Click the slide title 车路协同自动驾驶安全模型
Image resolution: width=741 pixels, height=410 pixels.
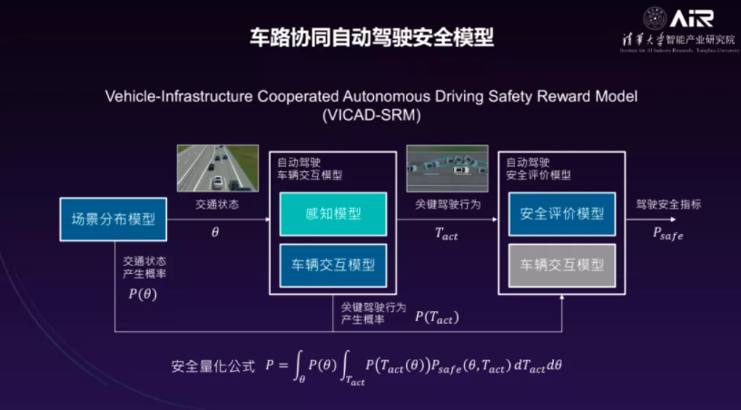coord(370,37)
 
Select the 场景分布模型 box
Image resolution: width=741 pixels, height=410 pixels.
coord(114,219)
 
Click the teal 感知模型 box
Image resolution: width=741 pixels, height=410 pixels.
coord(332,214)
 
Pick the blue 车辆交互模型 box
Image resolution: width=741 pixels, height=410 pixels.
coord(332,265)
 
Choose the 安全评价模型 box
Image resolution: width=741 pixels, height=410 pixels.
coord(562,214)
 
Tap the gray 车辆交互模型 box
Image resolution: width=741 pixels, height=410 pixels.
coord(562,265)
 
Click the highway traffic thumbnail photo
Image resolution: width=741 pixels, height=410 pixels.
coord(211,167)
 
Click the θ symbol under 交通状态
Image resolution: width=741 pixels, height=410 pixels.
coord(215,232)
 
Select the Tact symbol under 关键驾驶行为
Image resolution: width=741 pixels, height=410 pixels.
coord(447,234)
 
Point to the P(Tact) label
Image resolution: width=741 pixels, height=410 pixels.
coord(437,317)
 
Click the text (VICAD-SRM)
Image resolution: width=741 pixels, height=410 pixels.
coord(370,115)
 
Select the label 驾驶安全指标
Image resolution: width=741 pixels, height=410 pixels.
coord(668,204)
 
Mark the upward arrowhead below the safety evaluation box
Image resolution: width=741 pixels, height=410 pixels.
coord(562,300)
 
